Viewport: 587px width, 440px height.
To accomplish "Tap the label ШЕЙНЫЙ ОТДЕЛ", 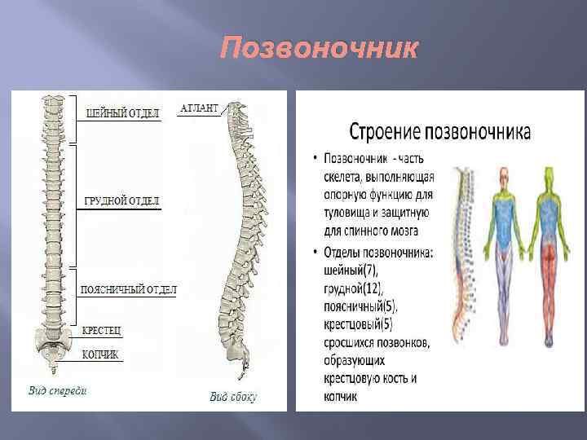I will (122, 112).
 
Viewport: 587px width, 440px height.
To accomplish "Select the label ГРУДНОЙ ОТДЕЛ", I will (121, 200).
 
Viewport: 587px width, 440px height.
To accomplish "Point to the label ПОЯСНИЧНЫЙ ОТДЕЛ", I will (128, 290).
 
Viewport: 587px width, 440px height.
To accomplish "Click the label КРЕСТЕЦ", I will (102, 331).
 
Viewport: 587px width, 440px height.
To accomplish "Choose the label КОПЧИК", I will (100, 354).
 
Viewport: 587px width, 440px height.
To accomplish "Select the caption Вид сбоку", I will (232, 397).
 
